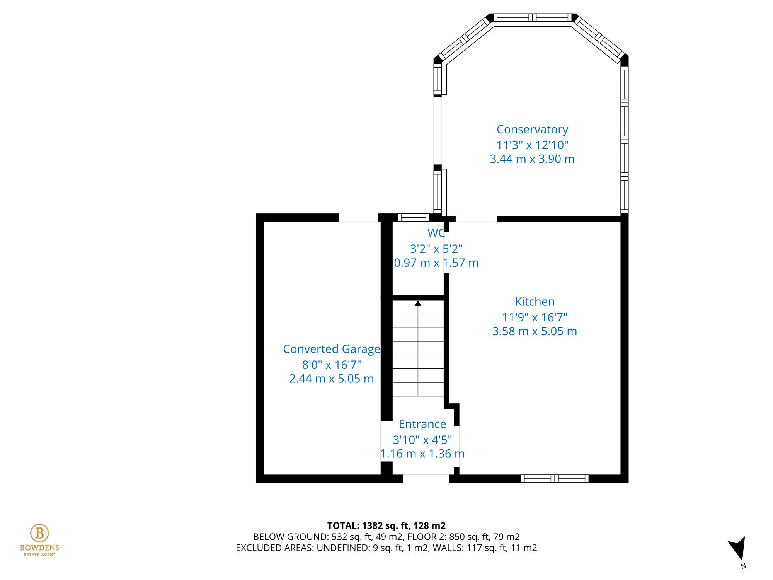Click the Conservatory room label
tap(532, 130)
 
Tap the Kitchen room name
tap(535, 302)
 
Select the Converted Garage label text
tap(331, 349)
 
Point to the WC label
tap(436, 233)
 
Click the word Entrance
tap(422, 424)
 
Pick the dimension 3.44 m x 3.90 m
tap(532, 159)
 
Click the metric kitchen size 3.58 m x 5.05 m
tap(535, 331)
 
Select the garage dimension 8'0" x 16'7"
tap(331, 365)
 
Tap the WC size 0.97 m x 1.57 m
tap(436, 263)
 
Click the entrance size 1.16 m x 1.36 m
tap(422, 454)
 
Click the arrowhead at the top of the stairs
tap(418, 304)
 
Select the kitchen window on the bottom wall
tap(555, 479)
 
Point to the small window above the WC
tap(413, 218)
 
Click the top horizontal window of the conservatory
tap(533, 17)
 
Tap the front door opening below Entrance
tap(426, 479)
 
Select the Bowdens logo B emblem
tap(39, 533)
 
